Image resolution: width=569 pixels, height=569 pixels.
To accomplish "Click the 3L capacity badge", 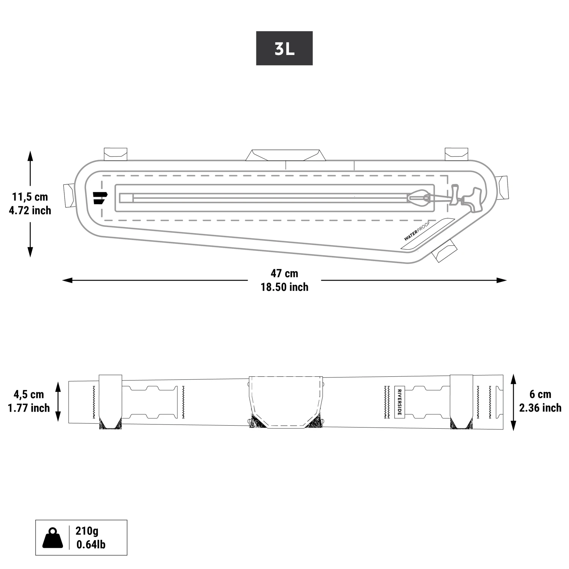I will [x=284, y=48].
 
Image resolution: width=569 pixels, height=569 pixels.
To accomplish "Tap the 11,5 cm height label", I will [x=30, y=197].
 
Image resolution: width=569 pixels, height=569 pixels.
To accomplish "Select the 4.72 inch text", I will [x=30, y=211].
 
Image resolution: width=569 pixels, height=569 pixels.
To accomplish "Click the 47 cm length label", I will [x=284, y=273].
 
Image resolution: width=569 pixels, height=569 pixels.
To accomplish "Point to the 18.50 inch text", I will [x=284, y=287].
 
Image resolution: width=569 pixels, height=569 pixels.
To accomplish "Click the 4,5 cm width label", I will [x=29, y=395].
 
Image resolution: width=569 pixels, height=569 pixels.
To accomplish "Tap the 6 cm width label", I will [x=540, y=394].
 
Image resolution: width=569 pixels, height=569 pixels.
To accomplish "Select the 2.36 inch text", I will [x=540, y=408].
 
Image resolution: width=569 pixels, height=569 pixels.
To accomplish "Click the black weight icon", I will [x=53, y=538].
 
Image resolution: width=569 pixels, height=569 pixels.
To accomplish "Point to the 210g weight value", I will [x=87, y=530].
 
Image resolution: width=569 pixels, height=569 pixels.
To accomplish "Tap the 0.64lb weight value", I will [x=91, y=545].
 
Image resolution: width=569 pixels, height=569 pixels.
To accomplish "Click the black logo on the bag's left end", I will [x=100, y=198].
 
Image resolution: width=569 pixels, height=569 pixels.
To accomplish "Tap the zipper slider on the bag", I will [x=419, y=198].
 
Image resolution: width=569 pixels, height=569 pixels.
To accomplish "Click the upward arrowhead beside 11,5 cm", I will [x=30, y=156].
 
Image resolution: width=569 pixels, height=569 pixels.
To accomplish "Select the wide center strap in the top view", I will [x=286, y=402].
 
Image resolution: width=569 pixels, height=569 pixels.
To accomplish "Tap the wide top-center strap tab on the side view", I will [x=286, y=155].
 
